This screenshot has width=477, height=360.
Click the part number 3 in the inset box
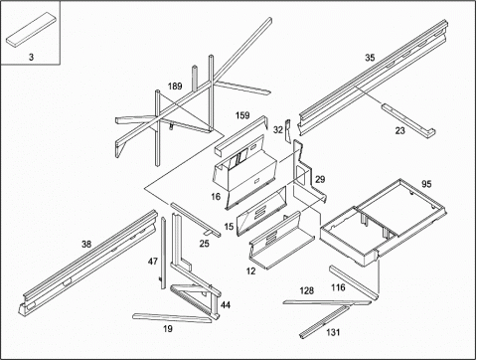31,57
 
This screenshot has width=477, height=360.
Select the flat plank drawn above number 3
31,29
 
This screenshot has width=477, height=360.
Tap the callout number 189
175,87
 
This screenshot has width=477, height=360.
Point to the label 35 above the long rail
370,58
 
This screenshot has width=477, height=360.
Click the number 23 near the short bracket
399,130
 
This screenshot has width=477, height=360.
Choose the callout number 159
242,115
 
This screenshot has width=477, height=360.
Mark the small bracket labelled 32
287,130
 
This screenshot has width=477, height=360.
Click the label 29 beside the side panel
320,179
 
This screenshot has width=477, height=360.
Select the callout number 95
426,184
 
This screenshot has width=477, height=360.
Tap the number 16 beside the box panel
216,197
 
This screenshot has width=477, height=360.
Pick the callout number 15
229,227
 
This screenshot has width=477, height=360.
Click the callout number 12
251,271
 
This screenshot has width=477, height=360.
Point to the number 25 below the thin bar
205,244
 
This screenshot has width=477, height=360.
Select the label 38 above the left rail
86,245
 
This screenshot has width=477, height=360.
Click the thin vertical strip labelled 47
163,253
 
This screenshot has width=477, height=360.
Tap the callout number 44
226,305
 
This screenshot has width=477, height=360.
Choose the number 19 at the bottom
168,329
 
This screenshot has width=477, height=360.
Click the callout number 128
307,290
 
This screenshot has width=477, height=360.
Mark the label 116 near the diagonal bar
338,287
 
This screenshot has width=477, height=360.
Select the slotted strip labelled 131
324,322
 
